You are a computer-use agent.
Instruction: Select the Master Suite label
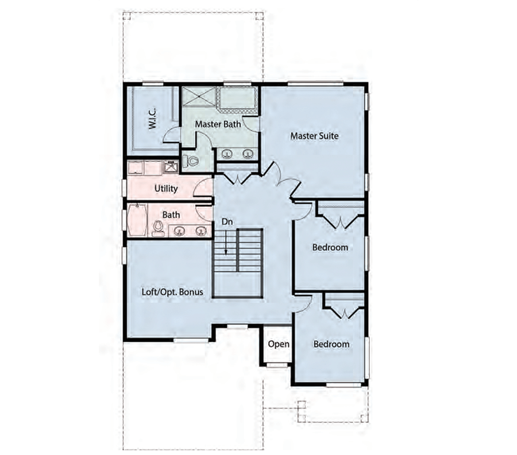314,136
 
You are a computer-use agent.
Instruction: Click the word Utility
166,188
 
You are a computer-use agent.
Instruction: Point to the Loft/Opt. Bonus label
172,292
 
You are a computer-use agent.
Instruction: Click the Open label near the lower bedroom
279,344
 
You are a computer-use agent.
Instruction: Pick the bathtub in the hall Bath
137,221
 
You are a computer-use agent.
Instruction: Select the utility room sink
170,167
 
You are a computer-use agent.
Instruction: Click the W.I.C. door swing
171,136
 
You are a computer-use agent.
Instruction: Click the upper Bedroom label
330,248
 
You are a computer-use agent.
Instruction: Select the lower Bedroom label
331,344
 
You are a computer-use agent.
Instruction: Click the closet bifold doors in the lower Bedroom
344,313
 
